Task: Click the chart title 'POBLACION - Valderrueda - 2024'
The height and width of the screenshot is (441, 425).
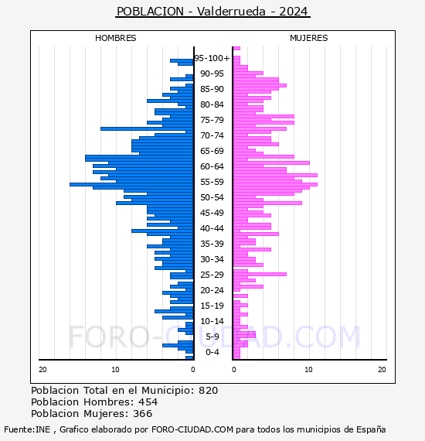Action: [212, 12]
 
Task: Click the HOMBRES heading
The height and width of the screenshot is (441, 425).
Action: [115, 38]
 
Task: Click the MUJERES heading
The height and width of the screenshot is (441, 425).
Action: [309, 38]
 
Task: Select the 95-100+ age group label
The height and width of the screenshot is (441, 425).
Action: [212, 58]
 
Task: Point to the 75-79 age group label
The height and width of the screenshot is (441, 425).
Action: [212, 120]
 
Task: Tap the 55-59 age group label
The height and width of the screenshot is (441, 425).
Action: [212, 182]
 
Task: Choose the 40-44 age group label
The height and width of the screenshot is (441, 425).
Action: [212, 228]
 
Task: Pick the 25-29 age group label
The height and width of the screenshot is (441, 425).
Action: [212, 275]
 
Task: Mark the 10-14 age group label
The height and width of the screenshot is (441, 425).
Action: [212, 321]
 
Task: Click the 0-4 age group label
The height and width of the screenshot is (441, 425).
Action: [212, 352]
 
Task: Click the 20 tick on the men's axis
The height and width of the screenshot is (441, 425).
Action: [42, 370]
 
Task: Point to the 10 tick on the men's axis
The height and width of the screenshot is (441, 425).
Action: [115, 370]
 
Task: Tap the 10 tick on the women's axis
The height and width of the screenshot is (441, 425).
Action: [308, 370]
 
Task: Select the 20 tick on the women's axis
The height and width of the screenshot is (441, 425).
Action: [382, 370]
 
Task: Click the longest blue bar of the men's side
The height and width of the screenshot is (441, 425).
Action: [131, 184]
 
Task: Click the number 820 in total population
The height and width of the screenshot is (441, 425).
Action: [208, 391]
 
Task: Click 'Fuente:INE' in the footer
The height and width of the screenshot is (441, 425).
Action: [27, 429]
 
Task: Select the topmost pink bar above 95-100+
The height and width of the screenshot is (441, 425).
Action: [236, 49]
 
